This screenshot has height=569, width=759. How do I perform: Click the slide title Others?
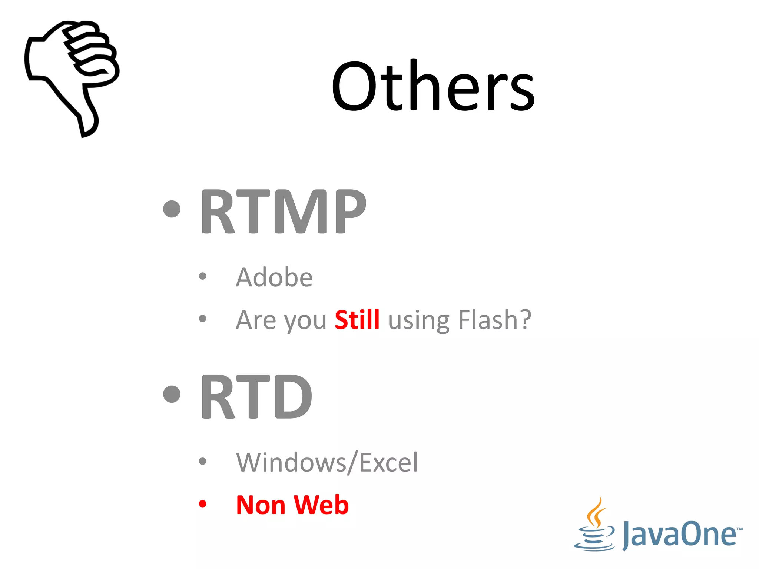click(x=433, y=86)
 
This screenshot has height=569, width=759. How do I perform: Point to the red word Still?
click(x=357, y=319)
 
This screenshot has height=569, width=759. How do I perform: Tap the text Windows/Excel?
click(x=327, y=462)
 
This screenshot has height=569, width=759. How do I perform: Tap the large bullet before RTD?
click(x=172, y=394)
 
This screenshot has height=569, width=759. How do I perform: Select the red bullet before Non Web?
click(x=202, y=504)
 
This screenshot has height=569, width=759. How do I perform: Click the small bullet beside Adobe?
click(x=202, y=276)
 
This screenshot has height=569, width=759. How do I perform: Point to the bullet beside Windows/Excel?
click(x=202, y=461)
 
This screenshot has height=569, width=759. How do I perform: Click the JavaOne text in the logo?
click(x=680, y=534)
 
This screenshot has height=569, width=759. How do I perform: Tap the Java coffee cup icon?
click(x=595, y=526)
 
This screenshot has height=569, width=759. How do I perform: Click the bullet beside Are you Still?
click(x=202, y=319)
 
